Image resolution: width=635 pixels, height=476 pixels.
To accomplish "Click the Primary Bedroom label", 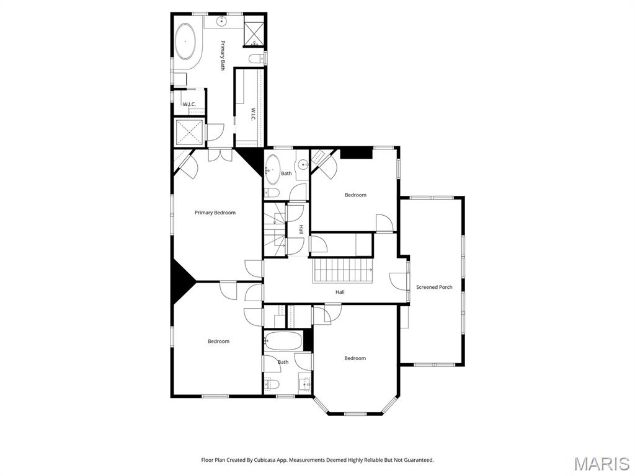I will pyautogui.click(x=215, y=213).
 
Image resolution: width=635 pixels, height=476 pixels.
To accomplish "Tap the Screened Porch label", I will pyautogui.click(x=434, y=287).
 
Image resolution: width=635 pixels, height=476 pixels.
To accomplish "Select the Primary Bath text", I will pyautogui.click(x=223, y=55).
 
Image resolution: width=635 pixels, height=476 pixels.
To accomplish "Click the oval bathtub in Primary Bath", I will pyautogui.click(x=185, y=42).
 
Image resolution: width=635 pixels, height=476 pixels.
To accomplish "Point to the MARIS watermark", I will pyautogui.click(x=602, y=464).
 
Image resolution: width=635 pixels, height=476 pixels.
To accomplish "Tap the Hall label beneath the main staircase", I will pyautogui.click(x=340, y=292).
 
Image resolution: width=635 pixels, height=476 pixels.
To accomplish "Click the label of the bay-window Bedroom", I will pyautogui.click(x=355, y=358).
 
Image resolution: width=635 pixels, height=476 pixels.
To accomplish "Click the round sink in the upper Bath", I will pyautogui.click(x=302, y=165).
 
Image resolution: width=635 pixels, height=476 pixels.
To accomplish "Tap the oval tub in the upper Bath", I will pyautogui.click(x=272, y=170).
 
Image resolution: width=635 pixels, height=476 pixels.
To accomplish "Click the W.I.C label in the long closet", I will pyautogui.click(x=253, y=114).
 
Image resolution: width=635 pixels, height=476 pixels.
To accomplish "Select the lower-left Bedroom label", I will pyautogui.click(x=218, y=341).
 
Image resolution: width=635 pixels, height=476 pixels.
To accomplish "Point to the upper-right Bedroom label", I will pyautogui.click(x=355, y=195).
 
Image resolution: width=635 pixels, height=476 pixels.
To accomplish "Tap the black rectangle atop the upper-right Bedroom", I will pyautogui.click(x=356, y=152).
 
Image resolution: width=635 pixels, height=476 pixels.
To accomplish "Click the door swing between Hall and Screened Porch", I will pyautogui.click(x=397, y=280).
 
